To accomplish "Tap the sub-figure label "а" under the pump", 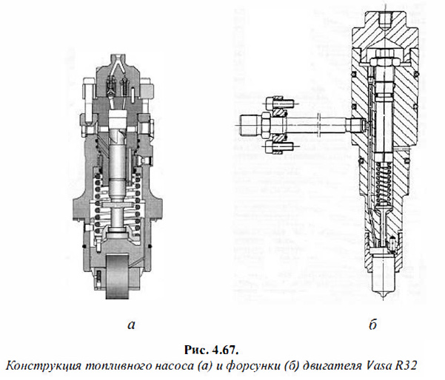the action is pyautogui.click(x=131, y=325).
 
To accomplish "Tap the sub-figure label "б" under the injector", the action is pyautogui.click(x=373, y=324).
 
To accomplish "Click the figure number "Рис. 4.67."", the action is pyautogui.click(x=211, y=350).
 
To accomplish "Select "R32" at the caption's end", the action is pyautogui.click(x=405, y=365).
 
